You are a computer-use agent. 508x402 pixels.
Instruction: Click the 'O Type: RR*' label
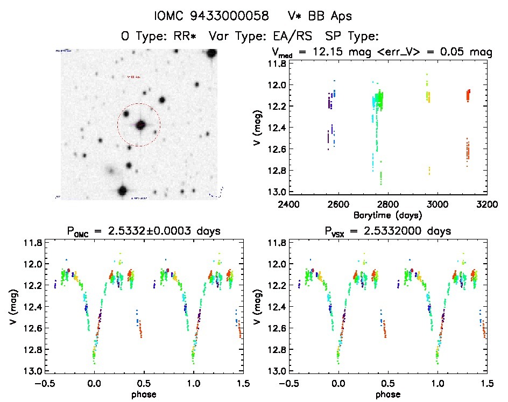(x=161, y=37)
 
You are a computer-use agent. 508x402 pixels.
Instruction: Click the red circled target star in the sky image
(x=141, y=125)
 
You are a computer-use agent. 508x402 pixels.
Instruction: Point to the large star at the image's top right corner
(x=211, y=53)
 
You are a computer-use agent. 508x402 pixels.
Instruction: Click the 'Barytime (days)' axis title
(x=387, y=215)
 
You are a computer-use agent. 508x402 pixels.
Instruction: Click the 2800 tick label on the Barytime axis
(x=387, y=204)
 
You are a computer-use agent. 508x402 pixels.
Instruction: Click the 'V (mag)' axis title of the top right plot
(x=259, y=128)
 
